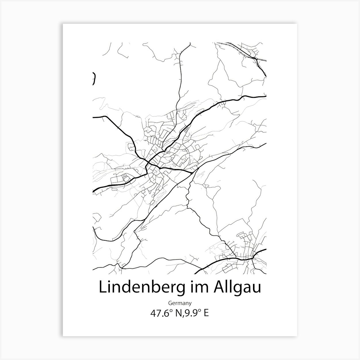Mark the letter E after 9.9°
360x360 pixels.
click(206, 313)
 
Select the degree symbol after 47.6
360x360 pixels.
click(169, 311)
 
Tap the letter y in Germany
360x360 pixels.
click(190, 304)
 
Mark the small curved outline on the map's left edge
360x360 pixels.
click(94, 78)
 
